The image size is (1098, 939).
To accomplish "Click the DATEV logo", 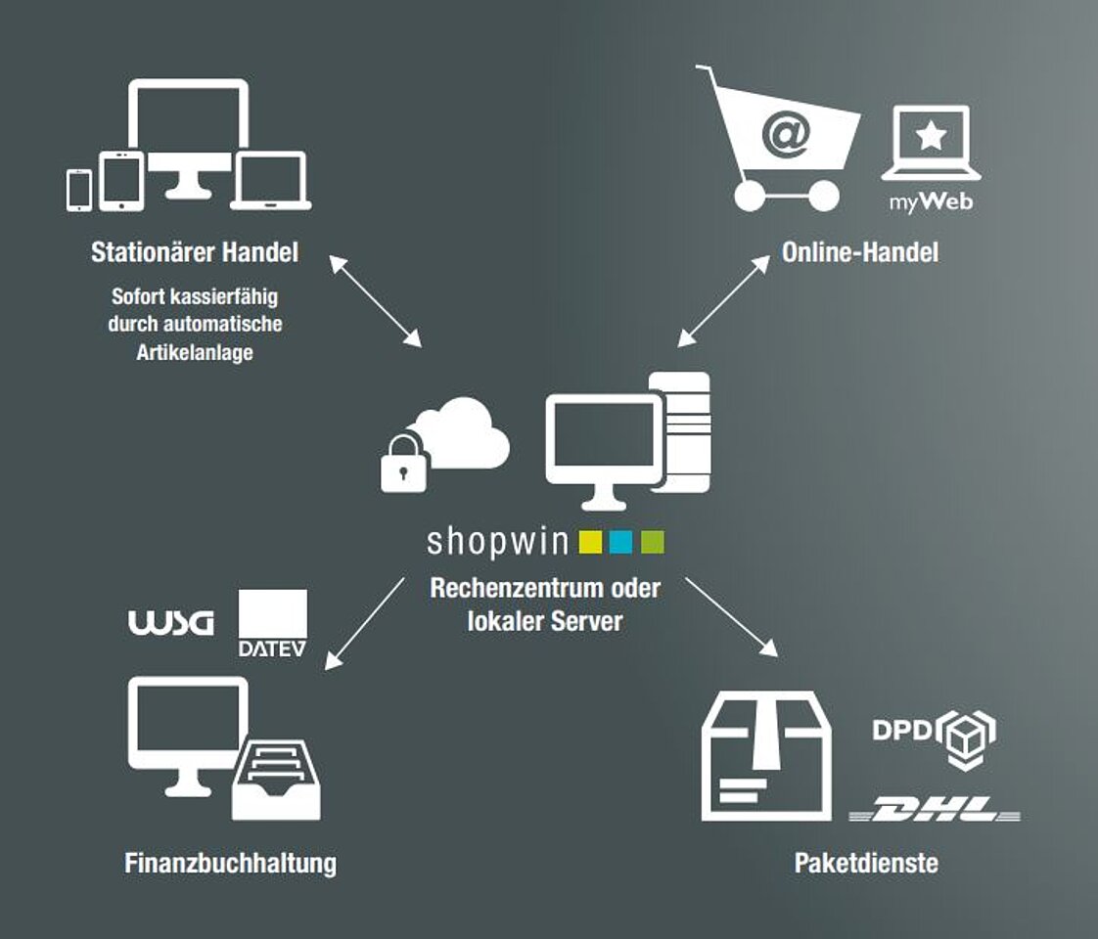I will (272, 623).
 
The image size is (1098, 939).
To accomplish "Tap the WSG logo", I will (170, 624).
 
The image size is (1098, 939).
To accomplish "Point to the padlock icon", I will (402, 464).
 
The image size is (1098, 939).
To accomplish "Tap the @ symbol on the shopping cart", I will (785, 136).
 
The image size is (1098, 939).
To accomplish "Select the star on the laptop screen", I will (931, 136).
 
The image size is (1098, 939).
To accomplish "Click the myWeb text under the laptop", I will (931, 203).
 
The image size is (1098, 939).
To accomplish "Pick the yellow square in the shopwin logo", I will (590, 542).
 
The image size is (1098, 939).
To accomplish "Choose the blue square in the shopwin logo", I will (621, 542).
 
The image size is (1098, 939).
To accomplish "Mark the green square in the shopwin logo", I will (652, 542).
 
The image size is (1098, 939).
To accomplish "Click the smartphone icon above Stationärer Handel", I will (79, 190).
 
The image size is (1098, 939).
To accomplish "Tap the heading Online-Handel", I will (859, 252).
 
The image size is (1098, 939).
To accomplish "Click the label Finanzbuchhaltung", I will (231, 863).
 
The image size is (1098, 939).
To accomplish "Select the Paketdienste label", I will (866, 863).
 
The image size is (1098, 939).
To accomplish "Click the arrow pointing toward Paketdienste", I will (731, 616).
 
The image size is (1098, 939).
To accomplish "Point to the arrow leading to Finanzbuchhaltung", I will (364, 622).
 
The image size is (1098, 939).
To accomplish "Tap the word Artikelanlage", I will (195, 352).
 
